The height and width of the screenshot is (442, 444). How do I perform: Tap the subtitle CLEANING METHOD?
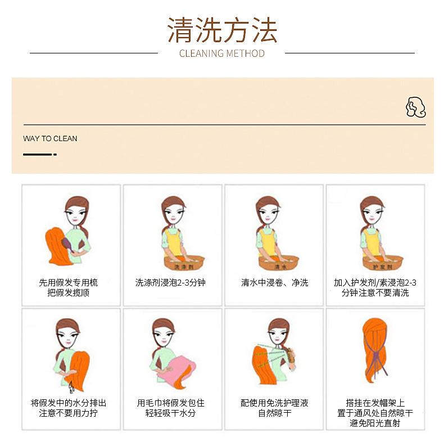[222, 53]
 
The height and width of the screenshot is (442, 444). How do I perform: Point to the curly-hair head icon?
[415, 107]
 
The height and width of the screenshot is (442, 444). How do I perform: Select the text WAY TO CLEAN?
[50, 138]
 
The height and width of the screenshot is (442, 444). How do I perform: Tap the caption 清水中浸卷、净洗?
[275, 282]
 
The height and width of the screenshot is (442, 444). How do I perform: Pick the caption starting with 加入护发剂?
[375, 287]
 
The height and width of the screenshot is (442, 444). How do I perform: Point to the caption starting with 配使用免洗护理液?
[275, 408]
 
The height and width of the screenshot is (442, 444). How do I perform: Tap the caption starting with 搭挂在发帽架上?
[375, 413]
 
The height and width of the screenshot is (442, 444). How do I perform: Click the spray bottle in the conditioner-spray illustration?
[292, 360]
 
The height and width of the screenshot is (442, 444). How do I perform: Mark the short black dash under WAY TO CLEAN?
[39, 154]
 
